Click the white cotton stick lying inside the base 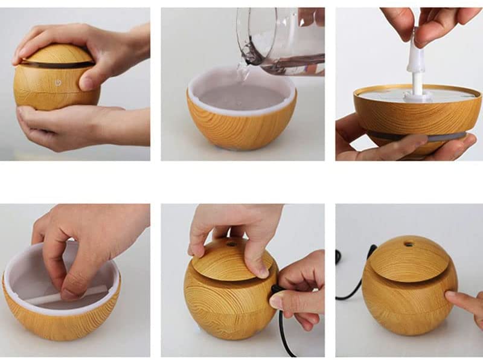(66, 297)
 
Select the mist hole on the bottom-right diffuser (411, 245)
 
